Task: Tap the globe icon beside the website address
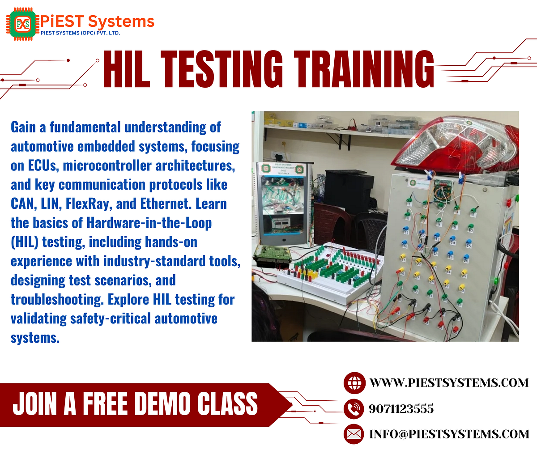(354, 383)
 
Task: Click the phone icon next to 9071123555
(354, 408)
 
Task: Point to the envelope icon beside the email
(354, 434)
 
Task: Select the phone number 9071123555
(401, 409)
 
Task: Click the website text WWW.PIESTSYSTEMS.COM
(449, 383)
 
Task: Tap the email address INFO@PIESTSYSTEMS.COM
(449, 434)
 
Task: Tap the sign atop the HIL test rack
(280, 168)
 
